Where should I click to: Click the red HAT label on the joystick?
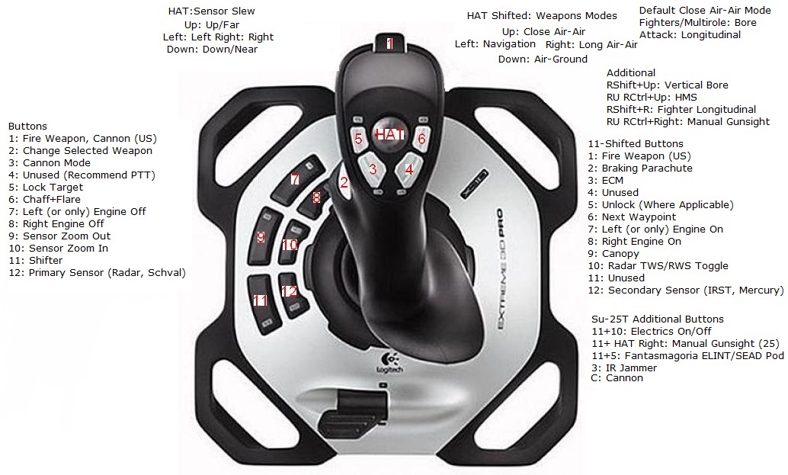[x=390, y=134]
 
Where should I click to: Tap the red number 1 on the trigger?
[x=389, y=43]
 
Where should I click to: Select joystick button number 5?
[x=358, y=137]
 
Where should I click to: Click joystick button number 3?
[x=373, y=168]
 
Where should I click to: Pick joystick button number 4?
[x=408, y=169]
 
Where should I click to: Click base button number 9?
[x=261, y=236]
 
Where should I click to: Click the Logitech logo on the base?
[x=389, y=362]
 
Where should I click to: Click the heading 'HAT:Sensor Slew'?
[x=212, y=11]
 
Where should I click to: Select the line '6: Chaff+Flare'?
[x=45, y=200]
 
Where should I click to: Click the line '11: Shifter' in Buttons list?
[x=36, y=260]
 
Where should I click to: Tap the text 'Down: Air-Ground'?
[x=543, y=59]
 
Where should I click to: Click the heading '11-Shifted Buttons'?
[x=636, y=144]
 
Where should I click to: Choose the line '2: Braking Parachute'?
[x=640, y=168]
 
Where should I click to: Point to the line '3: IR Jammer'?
[x=624, y=368]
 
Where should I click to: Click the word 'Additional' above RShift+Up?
[x=631, y=73]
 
